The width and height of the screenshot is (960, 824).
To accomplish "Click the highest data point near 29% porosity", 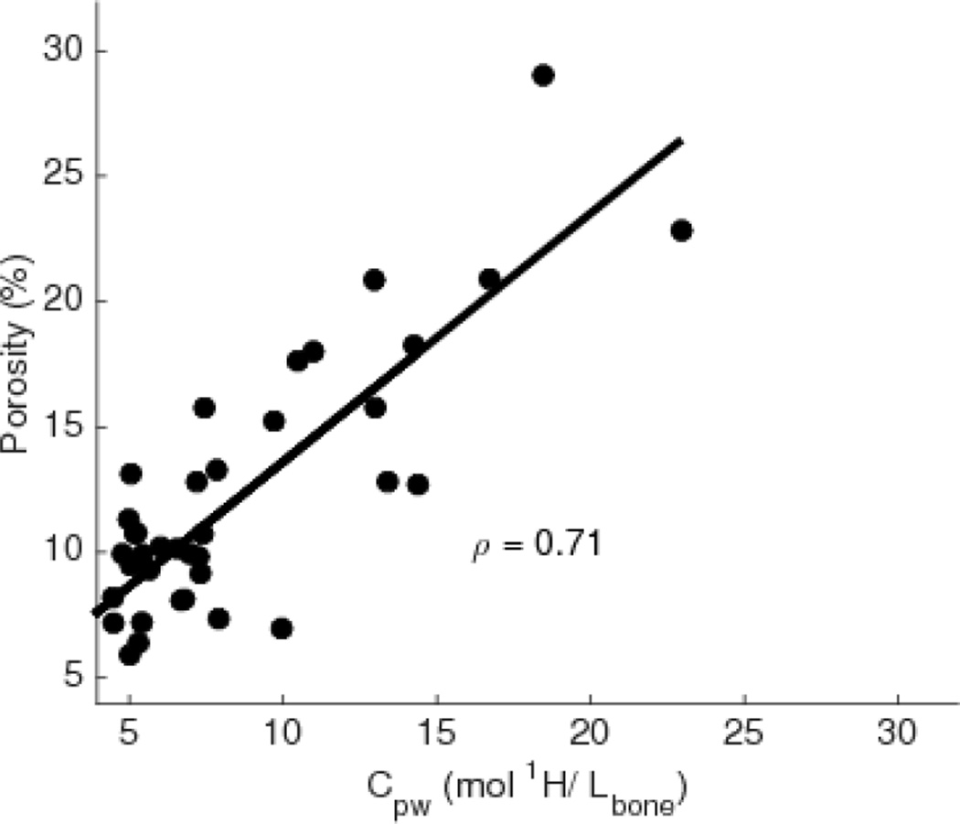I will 543,75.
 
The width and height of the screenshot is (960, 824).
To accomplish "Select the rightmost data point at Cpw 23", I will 681,230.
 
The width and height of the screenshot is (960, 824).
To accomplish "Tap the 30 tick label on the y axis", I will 62,50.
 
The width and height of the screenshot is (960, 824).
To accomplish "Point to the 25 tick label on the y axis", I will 62,176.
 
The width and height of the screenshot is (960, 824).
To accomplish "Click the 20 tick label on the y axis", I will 62,301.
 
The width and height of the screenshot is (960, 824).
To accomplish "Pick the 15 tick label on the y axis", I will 62,426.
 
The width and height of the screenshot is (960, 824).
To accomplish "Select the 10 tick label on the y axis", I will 62,551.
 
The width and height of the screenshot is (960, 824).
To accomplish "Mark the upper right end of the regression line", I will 680,140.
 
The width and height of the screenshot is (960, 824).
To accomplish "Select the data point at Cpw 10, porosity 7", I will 282,628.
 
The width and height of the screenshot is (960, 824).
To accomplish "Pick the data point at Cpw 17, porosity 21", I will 490,279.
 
